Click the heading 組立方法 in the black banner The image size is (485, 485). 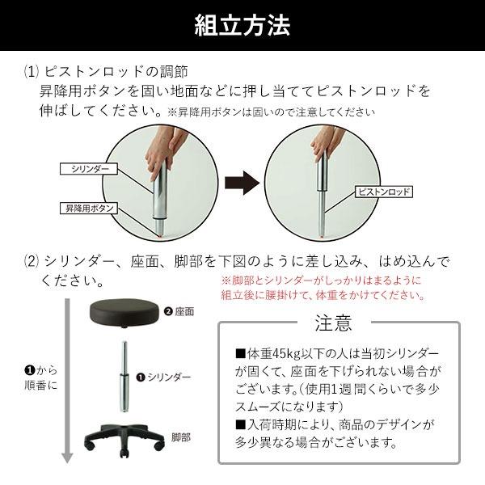242,26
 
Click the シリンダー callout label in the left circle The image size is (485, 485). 89,169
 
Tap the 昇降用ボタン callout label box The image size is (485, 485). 89,209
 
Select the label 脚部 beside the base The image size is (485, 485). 181,437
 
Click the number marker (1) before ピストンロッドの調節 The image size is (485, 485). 32,72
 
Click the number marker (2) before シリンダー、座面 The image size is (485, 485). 32,263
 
